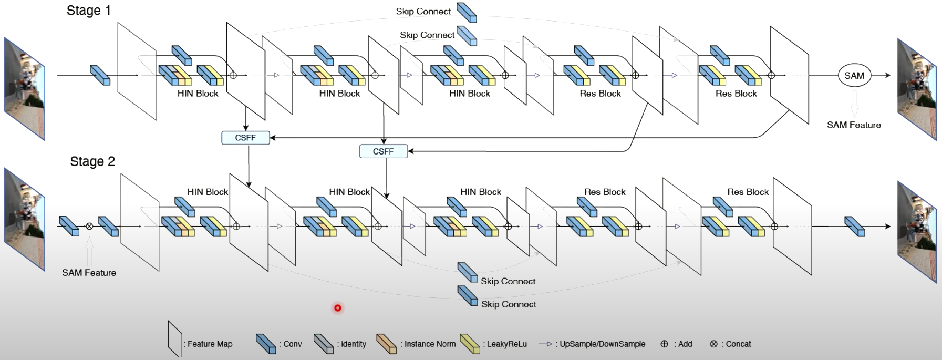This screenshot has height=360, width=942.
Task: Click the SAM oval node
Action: [x=854, y=76]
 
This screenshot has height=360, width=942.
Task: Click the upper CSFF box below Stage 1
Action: [x=245, y=138]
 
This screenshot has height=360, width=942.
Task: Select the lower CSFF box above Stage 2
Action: [x=383, y=151]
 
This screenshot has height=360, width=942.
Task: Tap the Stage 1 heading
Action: [x=88, y=11]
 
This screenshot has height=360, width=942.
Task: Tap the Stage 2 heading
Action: [x=92, y=161]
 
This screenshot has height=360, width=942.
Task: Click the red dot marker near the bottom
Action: [x=338, y=308]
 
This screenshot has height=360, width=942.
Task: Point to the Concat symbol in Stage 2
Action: [x=89, y=226]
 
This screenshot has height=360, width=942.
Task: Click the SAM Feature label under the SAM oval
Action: [x=854, y=125]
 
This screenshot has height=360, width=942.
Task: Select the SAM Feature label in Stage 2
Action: [x=89, y=273]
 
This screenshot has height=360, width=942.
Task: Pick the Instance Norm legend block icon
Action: [x=386, y=343]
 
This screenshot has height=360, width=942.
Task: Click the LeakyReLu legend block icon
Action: [x=469, y=343]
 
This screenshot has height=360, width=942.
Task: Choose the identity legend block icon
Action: [x=323, y=343]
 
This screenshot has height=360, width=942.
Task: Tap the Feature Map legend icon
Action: [x=174, y=340]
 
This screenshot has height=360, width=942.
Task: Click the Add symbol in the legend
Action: [x=664, y=344]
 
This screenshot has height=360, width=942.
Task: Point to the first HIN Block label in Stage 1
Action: [x=198, y=94]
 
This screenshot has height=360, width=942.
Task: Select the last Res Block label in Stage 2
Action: [x=748, y=192]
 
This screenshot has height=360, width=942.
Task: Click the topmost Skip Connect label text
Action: [x=423, y=12]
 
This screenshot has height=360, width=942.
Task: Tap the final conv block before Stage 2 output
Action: [x=854, y=226]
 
